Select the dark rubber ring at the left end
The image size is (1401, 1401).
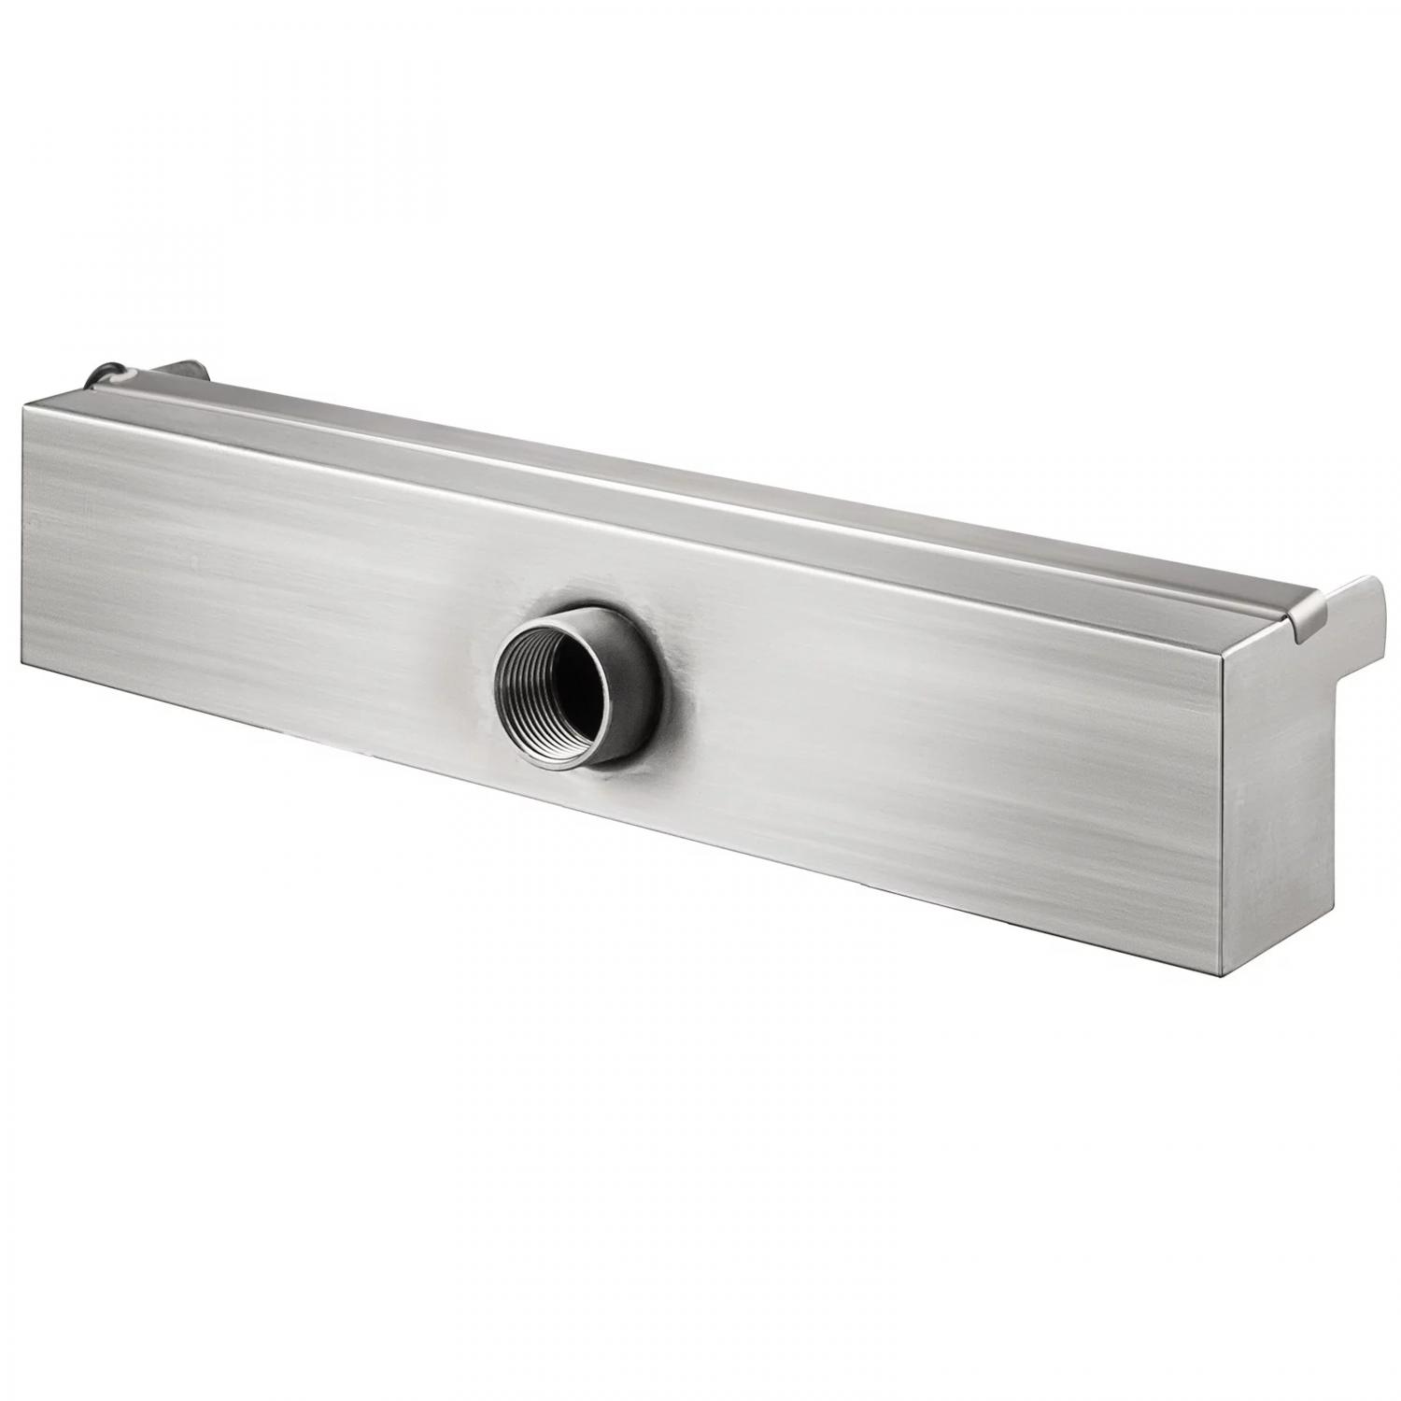point(96,378)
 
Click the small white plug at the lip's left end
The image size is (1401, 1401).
point(123,377)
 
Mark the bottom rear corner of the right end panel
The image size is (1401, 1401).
point(1334,911)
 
